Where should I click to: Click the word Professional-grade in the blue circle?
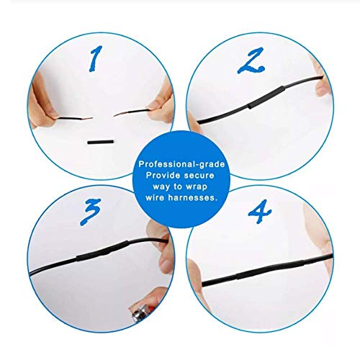point(179,165)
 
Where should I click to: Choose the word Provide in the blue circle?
point(160,175)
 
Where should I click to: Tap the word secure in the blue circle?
point(196,175)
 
